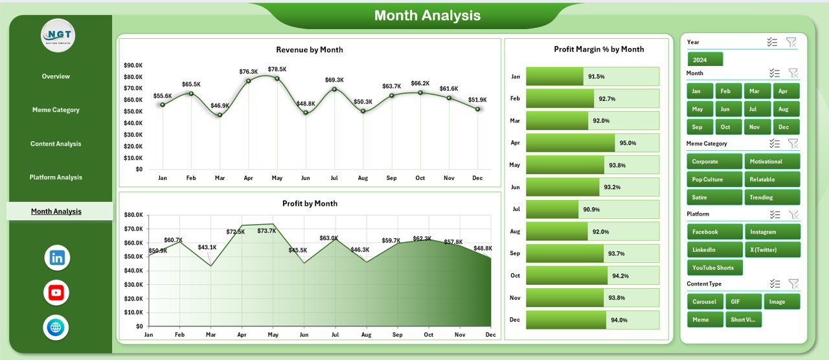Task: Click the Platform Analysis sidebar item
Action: point(56,177)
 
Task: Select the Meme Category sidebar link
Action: point(56,110)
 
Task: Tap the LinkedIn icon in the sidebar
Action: point(57,258)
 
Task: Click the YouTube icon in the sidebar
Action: point(56,293)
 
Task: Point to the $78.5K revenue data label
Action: point(277,69)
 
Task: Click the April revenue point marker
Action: point(248,81)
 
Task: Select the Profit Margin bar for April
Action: point(570,142)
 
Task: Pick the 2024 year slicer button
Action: point(705,60)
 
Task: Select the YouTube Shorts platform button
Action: point(714,267)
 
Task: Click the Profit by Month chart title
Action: point(310,203)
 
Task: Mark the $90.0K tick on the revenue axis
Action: point(133,65)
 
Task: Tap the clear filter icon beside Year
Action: point(791,42)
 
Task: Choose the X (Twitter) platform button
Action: point(772,250)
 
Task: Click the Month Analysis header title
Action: point(427,16)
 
